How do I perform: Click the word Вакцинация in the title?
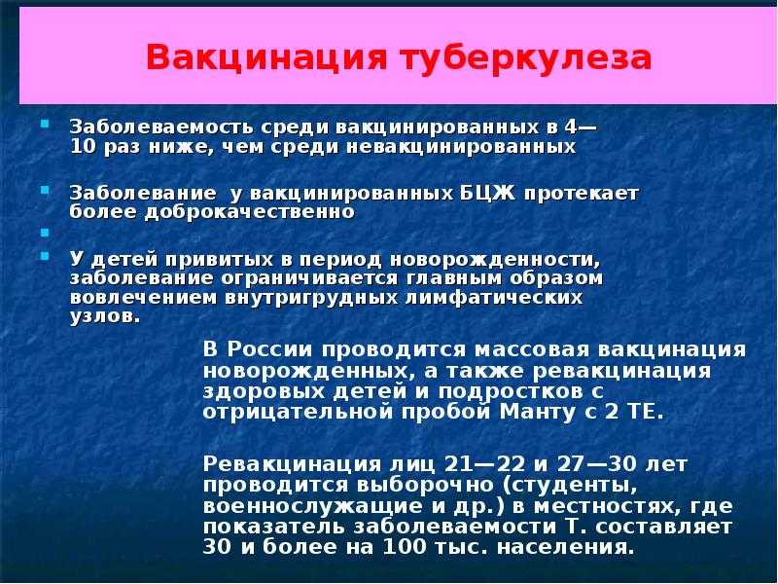pyautogui.click(x=265, y=57)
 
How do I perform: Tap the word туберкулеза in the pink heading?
pyautogui.click(x=526, y=57)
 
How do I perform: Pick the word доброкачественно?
pyautogui.click(x=250, y=212)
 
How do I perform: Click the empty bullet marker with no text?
pyautogui.click(x=45, y=233)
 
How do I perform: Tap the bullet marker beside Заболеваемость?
pyautogui.click(x=45, y=124)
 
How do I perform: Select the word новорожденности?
pyautogui.click(x=495, y=259)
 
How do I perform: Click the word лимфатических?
pyautogui.click(x=494, y=298)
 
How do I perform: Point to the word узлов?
pyautogui.click(x=105, y=317)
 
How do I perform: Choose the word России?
pyautogui.click(x=270, y=349)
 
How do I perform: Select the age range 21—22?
pyautogui.click(x=484, y=464)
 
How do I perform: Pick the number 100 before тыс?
pyautogui.click(x=405, y=547)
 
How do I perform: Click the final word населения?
pyautogui.click(x=566, y=547)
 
